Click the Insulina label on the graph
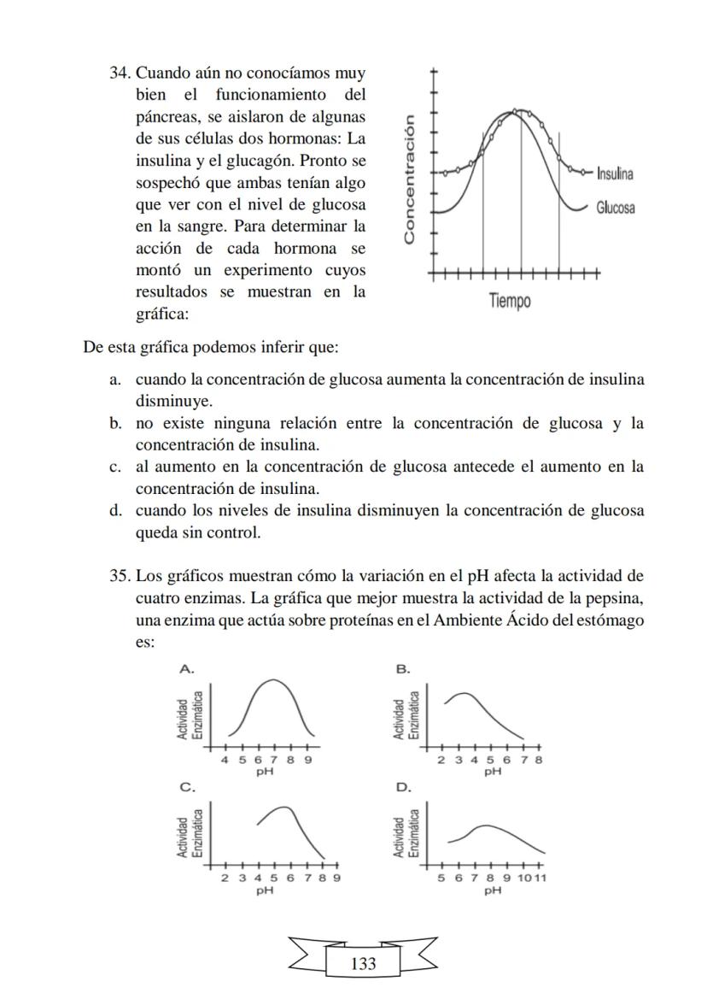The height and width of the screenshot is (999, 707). [x=614, y=174]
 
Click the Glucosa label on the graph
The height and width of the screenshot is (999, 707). [x=615, y=208]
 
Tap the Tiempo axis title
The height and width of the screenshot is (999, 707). [x=510, y=301]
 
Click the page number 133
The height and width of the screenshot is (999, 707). [x=363, y=964]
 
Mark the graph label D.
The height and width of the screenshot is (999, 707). [x=405, y=785]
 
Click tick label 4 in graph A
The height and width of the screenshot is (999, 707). [x=225, y=759]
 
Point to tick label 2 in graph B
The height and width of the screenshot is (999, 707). [x=441, y=759]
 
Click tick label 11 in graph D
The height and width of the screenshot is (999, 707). [x=540, y=878]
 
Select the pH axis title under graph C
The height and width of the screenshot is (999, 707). [x=265, y=890]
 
